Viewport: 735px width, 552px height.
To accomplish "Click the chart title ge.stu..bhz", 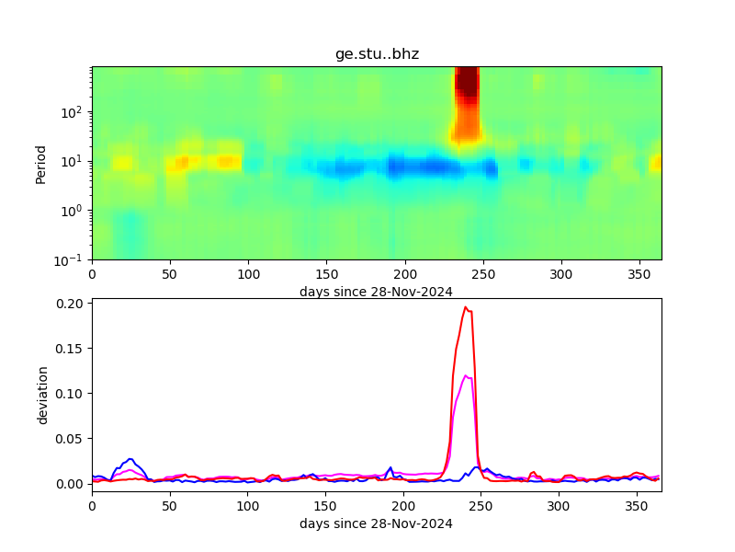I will tap(377, 54).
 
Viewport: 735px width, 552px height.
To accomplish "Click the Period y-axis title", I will tap(40, 163).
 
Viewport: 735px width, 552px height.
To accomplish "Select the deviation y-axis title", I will tap(42, 395).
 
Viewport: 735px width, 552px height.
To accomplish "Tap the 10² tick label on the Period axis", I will tap(74, 112).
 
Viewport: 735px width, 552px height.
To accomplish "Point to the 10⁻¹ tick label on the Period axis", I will tap(74, 259).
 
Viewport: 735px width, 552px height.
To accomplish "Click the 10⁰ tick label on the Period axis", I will tap(74, 211).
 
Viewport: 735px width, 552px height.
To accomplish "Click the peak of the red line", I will tap(466, 307).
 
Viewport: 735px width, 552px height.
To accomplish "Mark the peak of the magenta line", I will tap(467, 375).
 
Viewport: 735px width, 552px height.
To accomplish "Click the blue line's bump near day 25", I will tap(130, 459).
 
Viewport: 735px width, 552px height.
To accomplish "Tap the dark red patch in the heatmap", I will tap(467, 83).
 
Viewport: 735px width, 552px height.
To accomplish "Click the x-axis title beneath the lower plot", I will tap(376, 523).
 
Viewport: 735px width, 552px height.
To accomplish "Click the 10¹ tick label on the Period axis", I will tap(74, 162).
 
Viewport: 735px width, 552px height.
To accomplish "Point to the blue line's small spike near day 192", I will tap(390, 467).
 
